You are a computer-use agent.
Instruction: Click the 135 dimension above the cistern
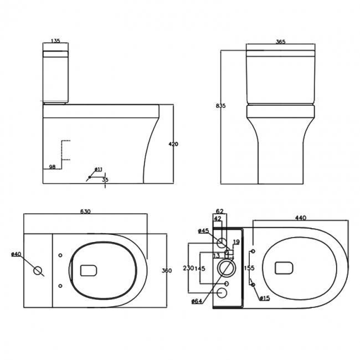pyautogui.click(x=55, y=40)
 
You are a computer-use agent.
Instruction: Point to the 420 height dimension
pyautogui.click(x=173, y=144)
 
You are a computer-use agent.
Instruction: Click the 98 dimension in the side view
pyautogui.click(x=52, y=166)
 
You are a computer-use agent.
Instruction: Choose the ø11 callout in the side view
pyautogui.click(x=98, y=169)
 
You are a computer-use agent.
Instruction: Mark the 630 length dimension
pyautogui.click(x=85, y=212)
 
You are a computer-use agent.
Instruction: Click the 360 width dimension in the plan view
pyautogui.click(x=166, y=270)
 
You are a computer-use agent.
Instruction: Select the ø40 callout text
pyautogui.click(x=16, y=254)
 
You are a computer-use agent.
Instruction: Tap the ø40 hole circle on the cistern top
pyautogui.click(x=38, y=271)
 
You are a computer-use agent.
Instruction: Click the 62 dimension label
pyautogui.click(x=219, y=211)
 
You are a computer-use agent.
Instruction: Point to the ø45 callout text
pyautogui.click(x=203, y=230)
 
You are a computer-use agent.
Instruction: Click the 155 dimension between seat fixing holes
pyautogui.click(x=249, y=268)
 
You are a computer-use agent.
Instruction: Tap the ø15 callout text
pyautogui.click(x=265, y=299)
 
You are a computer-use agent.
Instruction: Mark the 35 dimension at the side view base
pyautogui.click(x=105, y=179)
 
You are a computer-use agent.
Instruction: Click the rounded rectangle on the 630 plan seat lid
pyautogui.click(x=89, y=270)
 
